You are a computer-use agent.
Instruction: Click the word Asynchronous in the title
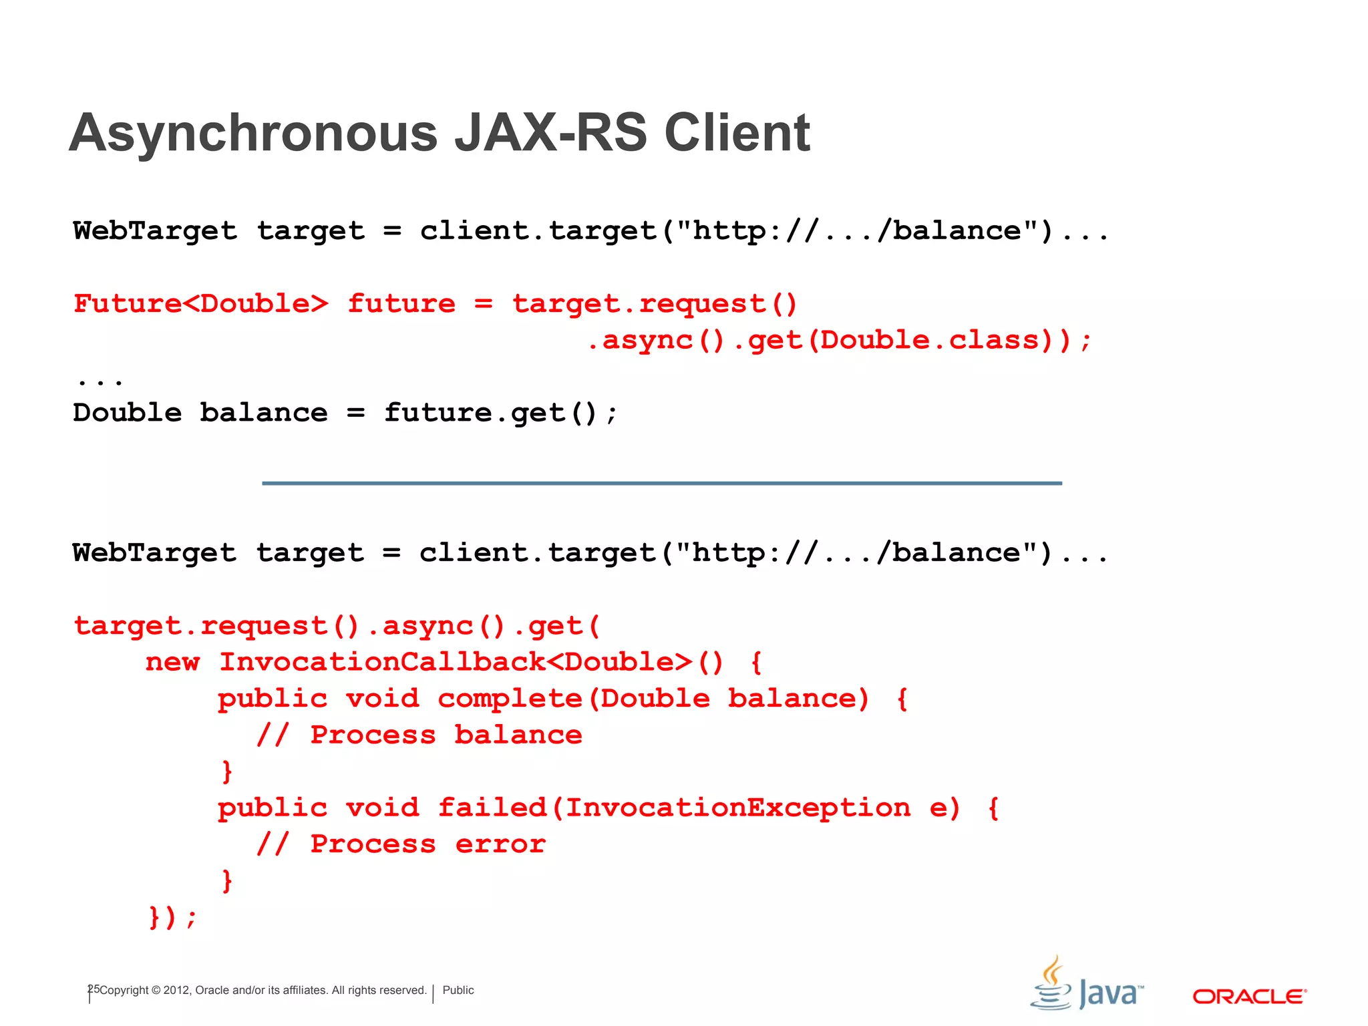[x=253, y=133]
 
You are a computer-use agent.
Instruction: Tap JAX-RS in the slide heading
[x=551, y=133]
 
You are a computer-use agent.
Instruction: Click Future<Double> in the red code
[x=201, y=304]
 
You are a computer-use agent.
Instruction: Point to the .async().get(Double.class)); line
[x=839, y=341]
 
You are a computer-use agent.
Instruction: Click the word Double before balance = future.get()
[x=127, y=413]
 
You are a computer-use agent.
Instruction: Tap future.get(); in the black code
[x=501, y=413]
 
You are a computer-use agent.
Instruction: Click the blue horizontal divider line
[x=661, y=483]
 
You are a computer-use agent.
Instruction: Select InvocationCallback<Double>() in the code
[x=472, y=662]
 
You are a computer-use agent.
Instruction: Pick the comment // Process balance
[x=419, y=735]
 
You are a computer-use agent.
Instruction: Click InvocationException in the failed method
[x=738, y=808]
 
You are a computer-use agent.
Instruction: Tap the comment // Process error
[x=401, y=844]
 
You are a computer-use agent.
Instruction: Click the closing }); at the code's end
[x=172, y=917]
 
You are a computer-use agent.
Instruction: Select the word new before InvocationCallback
[x=172, y=662]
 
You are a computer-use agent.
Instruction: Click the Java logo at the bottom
[x=1086, y=985]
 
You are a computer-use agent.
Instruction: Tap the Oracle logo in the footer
[x=1249, y=997]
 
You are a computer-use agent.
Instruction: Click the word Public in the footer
[x=458, y=991]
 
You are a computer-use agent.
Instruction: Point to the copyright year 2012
[x=176, y=991]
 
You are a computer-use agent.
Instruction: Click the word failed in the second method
[x=492, y=808]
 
